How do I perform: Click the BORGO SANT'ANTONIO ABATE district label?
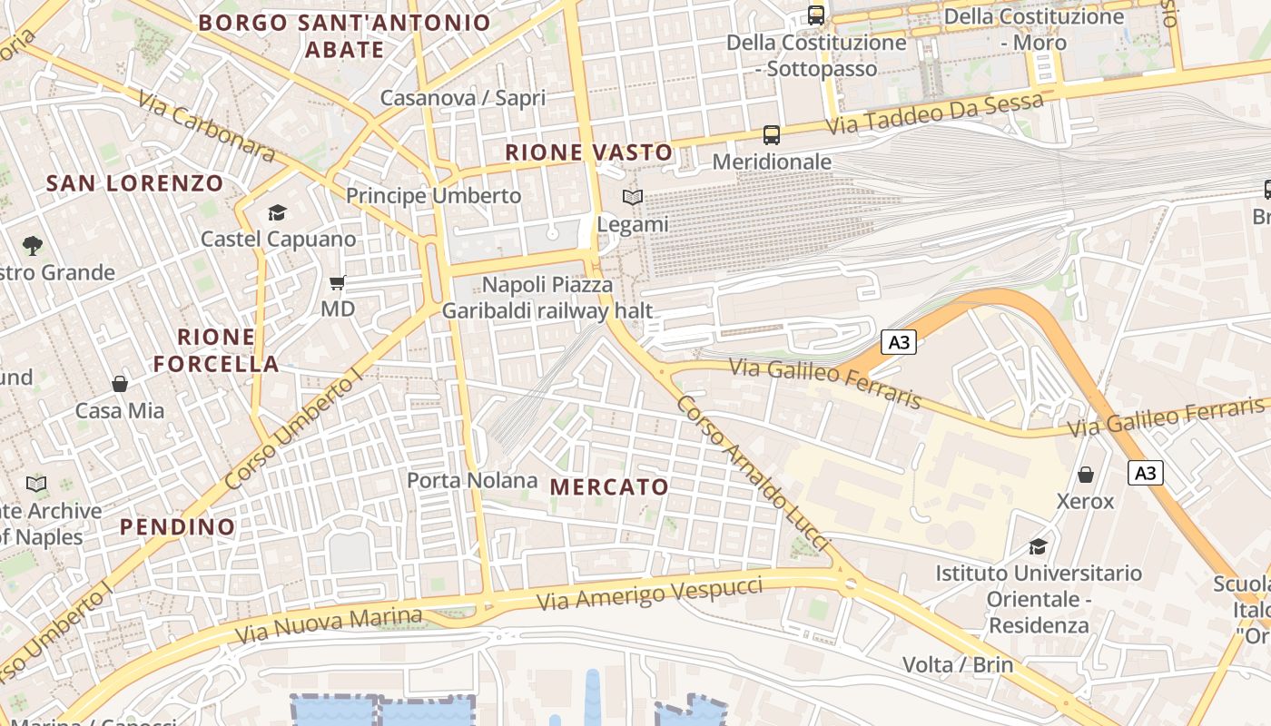344,35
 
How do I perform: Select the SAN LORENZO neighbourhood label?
134,183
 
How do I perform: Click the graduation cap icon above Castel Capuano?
277,213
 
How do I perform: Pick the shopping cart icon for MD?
337,283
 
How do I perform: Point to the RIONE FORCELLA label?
216,350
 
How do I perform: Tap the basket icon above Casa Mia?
119,384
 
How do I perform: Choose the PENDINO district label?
177,526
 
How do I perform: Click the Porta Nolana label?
472,480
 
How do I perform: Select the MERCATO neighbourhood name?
609,487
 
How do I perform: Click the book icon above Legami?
633,197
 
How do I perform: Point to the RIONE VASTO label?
588,152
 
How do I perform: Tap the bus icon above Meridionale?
772,135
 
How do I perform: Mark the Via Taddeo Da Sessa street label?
935,113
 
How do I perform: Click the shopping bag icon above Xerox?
1085,475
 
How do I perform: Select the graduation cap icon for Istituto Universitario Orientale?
1038,546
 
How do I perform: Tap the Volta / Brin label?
958,664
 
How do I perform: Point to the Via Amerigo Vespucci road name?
649,594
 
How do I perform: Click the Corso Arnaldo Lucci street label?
753,474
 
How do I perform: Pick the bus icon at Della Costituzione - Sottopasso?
816,15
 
